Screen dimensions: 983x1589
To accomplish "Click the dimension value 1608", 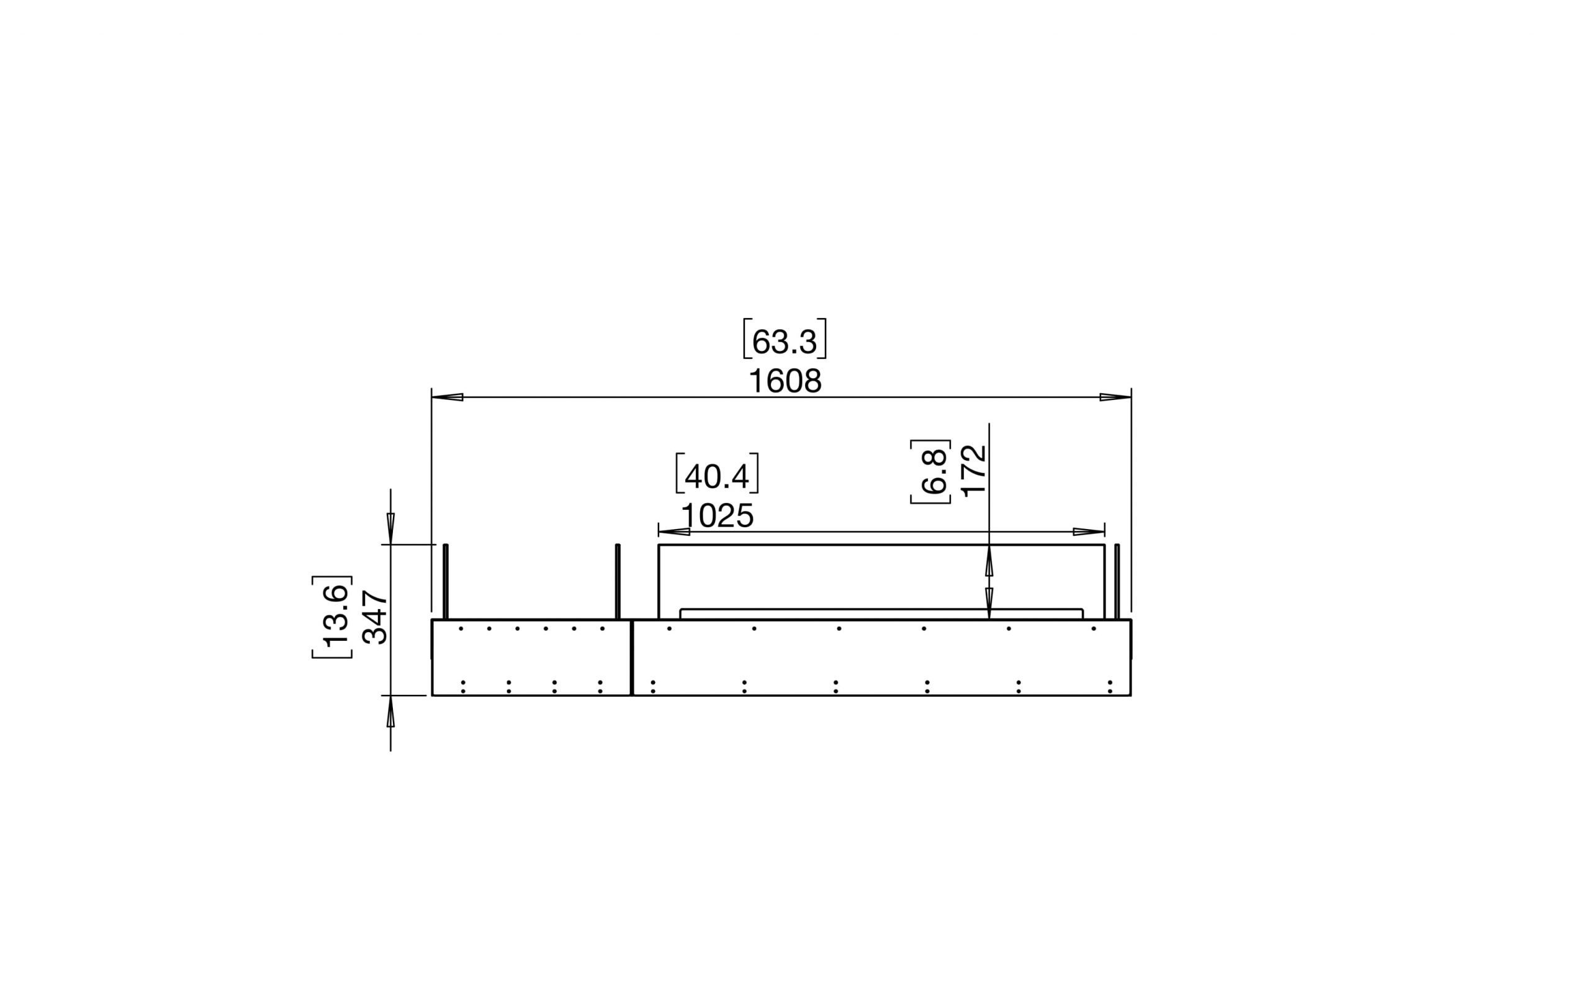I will tap(785, 382).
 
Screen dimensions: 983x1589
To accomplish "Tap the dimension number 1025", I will tap(717, 517).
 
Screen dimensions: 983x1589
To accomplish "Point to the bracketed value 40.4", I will tap(717, 476).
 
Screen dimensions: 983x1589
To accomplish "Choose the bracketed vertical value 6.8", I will tap(934, 471).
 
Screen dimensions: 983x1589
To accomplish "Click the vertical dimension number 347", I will tap(374, 617).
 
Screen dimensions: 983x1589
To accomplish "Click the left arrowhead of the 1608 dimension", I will tap(448, 397).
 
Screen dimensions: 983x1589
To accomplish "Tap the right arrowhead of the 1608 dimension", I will tap(1115, 397).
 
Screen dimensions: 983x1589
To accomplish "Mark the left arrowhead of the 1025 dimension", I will tap(674, 532).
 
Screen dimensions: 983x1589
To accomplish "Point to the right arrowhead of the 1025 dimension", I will tap(1089, 532).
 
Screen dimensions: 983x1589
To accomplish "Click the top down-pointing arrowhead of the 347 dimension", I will tap(390, 527).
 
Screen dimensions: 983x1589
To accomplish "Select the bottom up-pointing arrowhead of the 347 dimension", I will tap(390, 712).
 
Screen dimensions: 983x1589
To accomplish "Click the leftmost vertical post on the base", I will tap(446, 581).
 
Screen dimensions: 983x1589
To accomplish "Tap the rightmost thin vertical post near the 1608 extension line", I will tap(1117, 581).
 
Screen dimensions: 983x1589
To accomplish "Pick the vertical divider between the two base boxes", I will tap(631, 657).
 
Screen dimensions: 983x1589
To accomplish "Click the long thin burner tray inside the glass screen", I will tap(881, 614).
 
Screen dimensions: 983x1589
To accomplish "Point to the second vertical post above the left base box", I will tap(618, 581).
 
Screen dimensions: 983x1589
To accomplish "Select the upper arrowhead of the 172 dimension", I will tap(989, 563).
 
